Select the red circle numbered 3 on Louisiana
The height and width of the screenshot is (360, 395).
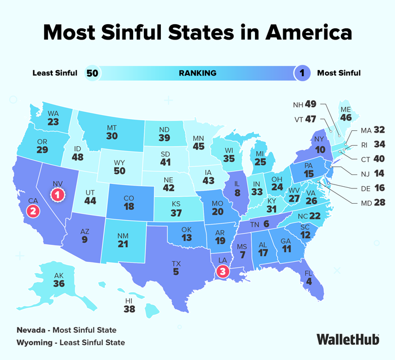pyautogui.click(x=224, y=271)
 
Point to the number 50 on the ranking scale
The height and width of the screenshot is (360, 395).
pyautogui.click(x=91, y=73)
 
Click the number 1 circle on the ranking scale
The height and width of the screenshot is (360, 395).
pyautogui.click(x=303, y=73)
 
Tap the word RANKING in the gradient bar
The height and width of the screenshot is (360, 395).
pyautogui.click(x=197, y=73)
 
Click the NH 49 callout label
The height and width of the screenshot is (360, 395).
pyautogui.click(x=305, y=104)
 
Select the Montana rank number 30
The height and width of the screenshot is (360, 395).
pyautogui.click(x=112, y=135)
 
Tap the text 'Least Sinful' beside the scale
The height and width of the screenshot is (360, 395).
pyautogui.click(x=55, y=73)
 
